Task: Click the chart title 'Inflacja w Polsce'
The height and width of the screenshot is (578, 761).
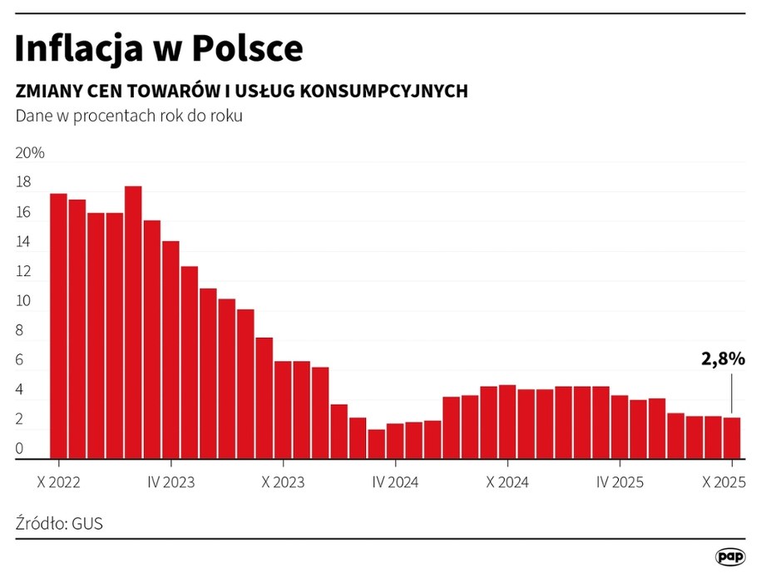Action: [158, 49]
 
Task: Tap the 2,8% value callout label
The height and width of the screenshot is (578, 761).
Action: [723, 359]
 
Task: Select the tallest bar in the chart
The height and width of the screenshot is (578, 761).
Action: [133, 321]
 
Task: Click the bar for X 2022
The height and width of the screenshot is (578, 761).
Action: [58, 325]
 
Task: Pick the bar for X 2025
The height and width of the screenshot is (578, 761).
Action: [731, 437]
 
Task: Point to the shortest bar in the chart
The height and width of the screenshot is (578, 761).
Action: [376, 443]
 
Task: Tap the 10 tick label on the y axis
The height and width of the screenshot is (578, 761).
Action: [23, 301]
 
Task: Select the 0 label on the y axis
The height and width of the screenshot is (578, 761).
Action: [20, 450]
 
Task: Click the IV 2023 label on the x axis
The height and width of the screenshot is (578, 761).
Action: [170, 482]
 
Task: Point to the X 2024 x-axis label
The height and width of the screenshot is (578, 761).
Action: [507, 482]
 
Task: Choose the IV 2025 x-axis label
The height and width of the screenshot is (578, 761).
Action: [620, 482]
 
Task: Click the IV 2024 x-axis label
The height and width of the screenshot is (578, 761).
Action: [395, 482]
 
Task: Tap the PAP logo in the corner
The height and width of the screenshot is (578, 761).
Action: [729, 556]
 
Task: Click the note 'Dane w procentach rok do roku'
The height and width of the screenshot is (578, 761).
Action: [129, 116]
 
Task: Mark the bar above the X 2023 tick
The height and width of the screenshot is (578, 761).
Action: [283, 409]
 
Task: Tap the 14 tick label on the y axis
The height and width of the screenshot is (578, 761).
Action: [23, 242]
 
